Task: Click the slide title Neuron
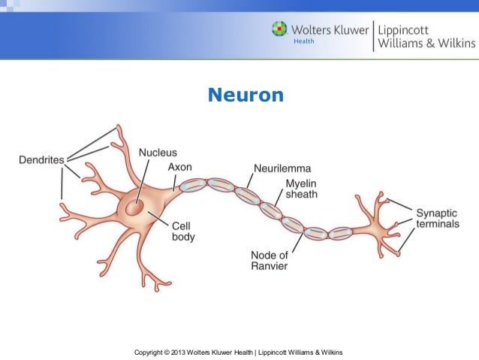246,95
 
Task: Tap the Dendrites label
41,159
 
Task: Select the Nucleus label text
158,153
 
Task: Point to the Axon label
179,167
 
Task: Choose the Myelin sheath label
301,189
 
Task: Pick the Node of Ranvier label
269,259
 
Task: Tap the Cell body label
183,231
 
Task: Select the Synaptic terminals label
438,218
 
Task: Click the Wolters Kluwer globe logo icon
279,29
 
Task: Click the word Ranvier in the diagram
269,265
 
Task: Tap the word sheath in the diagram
301,194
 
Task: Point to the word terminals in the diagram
438,224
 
